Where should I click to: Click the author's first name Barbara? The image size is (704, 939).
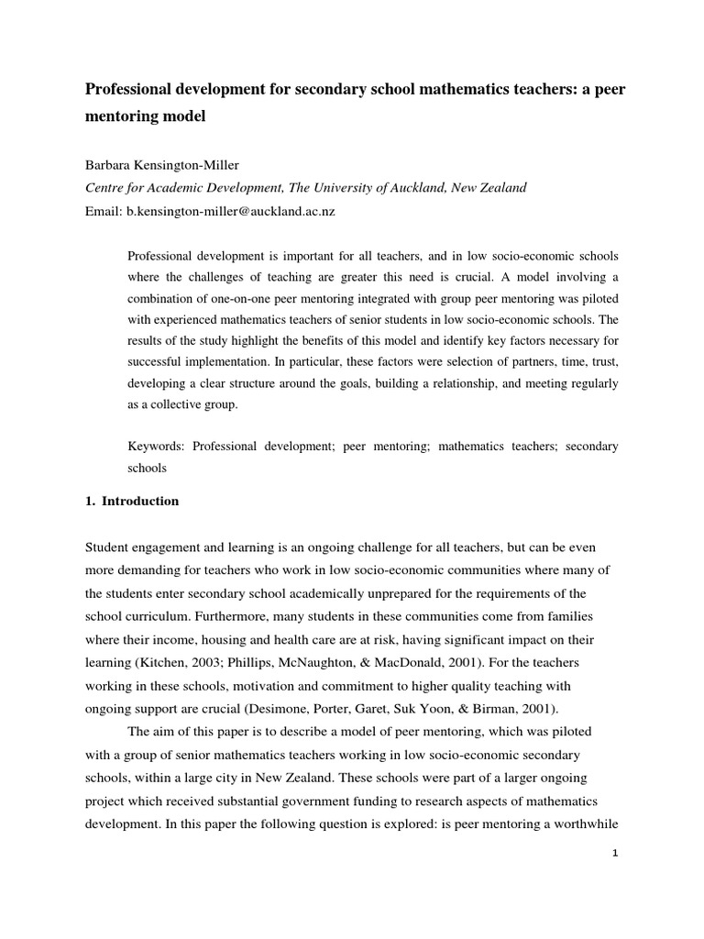[112, 165]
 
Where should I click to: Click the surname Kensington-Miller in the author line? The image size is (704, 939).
[196, 165]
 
